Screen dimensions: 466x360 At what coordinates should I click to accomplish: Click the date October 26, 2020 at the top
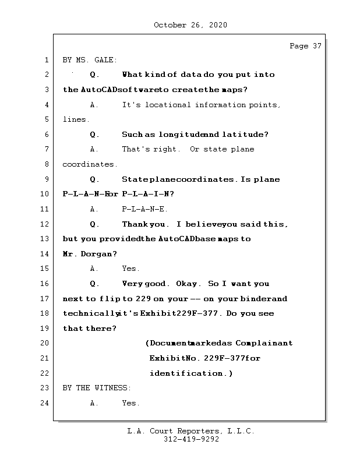pyautogui.click(x=190, y=25)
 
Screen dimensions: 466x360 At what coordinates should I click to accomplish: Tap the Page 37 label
pyautogui.click(x=305, y=47)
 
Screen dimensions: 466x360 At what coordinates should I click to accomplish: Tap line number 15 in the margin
pyautogui.click(x=45, y=269)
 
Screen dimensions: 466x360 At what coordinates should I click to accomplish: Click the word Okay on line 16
pyautogui.click(x=189, y=284)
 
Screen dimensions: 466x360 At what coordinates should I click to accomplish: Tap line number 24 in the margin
pyautogui.click(x=45, y=403)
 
